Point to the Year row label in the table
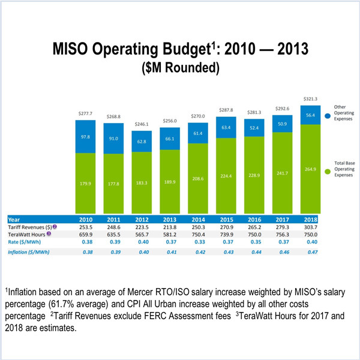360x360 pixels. pos(16,220)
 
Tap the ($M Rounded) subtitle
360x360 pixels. pos(180,68)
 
